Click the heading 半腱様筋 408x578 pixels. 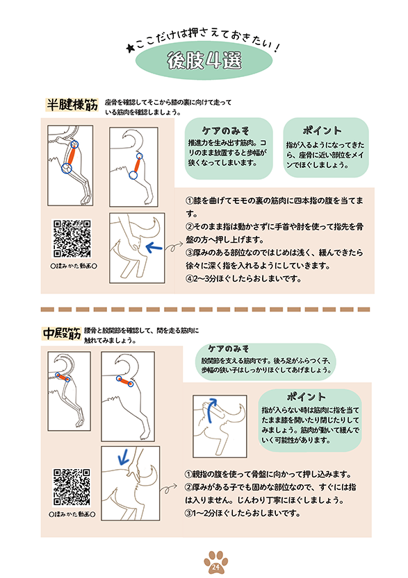tap(72, 105)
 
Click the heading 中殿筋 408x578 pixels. tap(62, 333)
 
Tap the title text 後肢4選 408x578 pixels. tap(204, 60)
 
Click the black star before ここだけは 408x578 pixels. tap(129, 49)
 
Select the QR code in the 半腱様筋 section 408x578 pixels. tap(72, 239)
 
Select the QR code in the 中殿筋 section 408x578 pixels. tap(72, 487)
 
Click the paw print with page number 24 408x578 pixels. tap(216, 562)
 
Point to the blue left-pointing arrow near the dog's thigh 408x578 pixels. tap(154, 247)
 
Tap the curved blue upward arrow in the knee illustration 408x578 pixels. tap(210, 409)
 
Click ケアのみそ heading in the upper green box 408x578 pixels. tap(225, 130)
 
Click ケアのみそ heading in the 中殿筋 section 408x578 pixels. tap(228, 349)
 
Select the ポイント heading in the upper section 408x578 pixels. tap(322, 130)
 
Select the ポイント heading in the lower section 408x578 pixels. tap(306, 397)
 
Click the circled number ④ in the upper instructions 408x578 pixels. tap(190, 279)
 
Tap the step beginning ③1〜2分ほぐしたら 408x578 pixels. tap(242, 513)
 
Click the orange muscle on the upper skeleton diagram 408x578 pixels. tap(71, 157)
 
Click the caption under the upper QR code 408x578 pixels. tap(74, 266)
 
